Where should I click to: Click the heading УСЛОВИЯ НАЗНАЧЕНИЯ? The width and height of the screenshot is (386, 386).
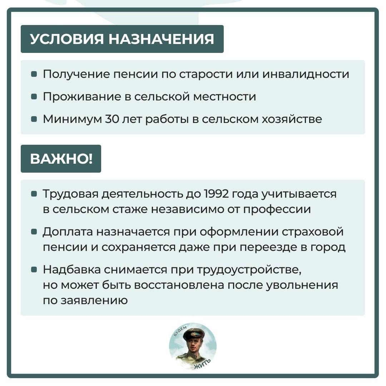point(122,39)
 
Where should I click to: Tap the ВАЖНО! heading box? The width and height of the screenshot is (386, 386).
point(61,159)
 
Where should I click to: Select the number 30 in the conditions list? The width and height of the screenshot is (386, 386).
point(112,119)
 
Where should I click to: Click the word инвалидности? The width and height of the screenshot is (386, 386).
point(306,74)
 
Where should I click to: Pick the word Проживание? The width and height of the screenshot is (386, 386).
point(82,96)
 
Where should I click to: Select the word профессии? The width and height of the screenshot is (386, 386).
point(277,209)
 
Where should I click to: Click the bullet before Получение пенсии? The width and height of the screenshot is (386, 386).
point(34,74)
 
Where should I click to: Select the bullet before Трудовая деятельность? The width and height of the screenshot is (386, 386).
point(34,194)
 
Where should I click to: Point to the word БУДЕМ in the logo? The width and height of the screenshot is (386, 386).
point(181,330)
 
